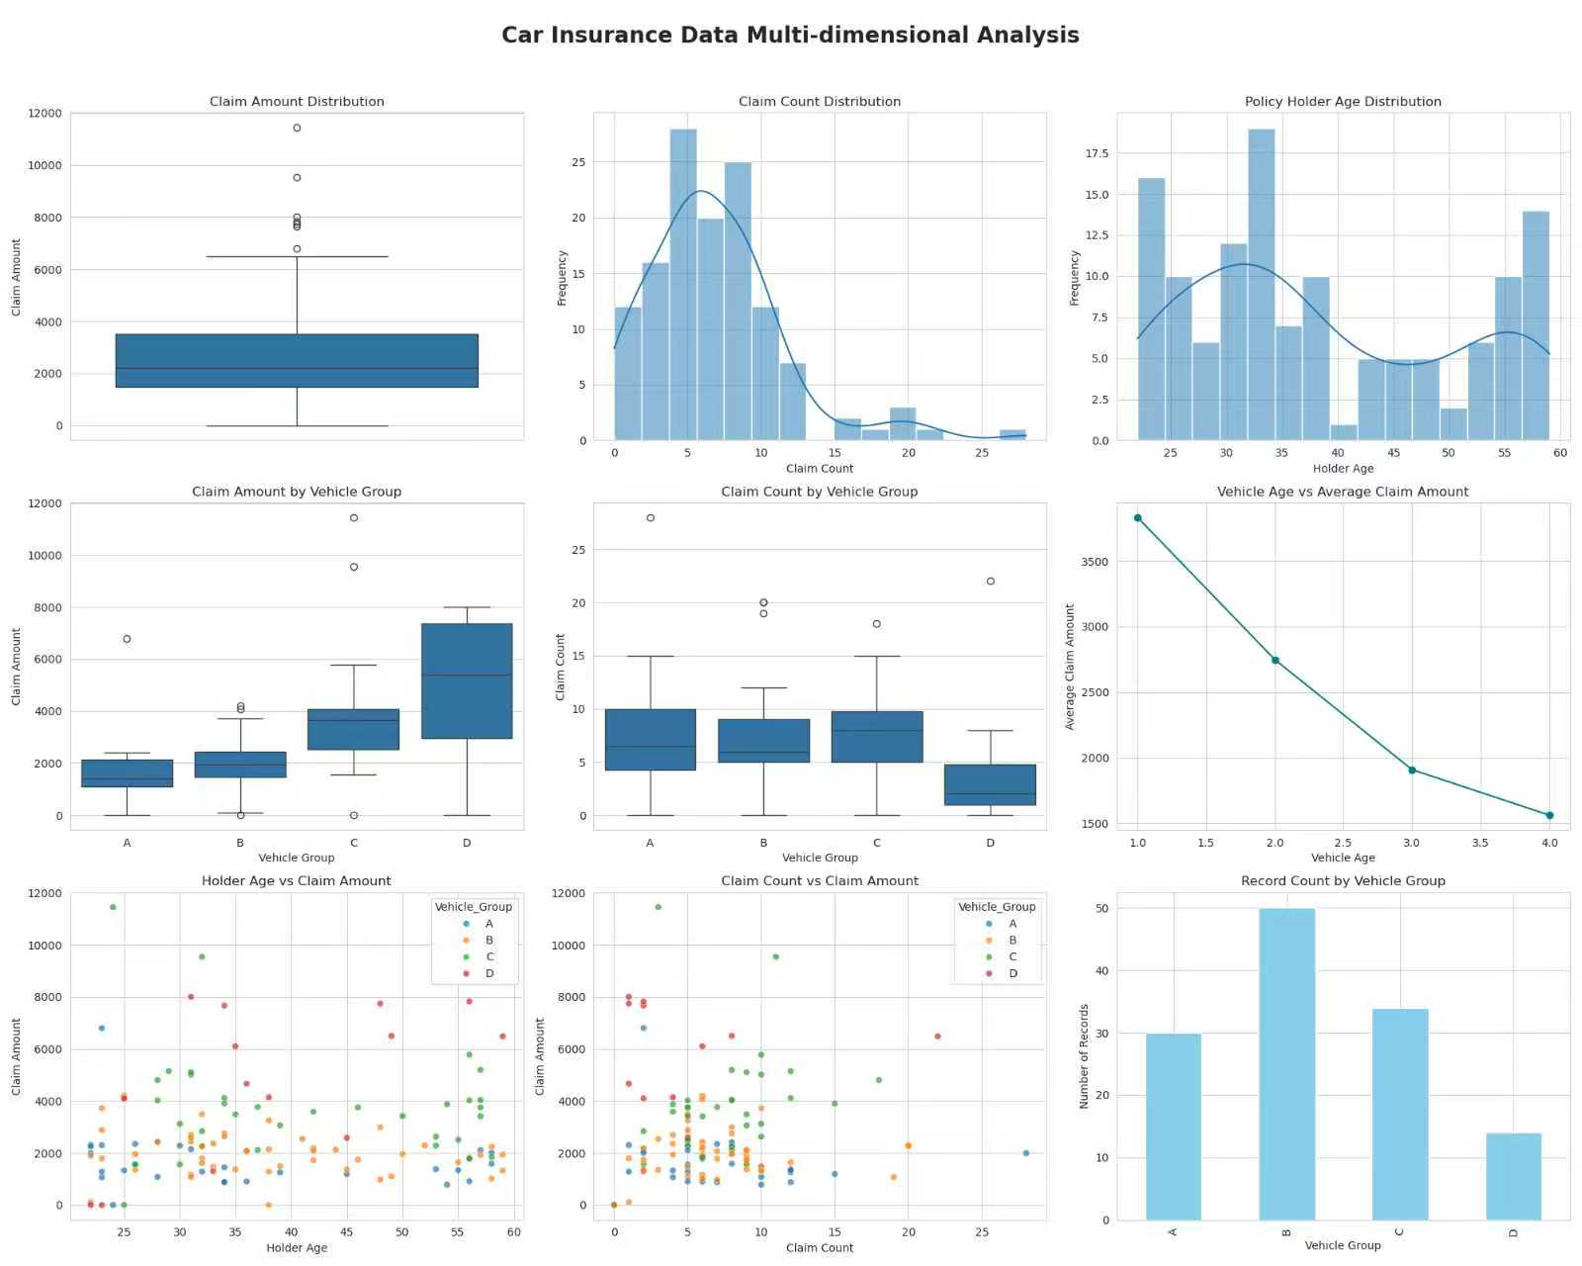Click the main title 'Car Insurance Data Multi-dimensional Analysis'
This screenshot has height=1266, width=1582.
[790, 36]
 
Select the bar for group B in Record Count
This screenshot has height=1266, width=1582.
[1286, 1063]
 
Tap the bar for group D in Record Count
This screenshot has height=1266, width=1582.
[1513, 1176]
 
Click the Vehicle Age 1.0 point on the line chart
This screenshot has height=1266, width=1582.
[1138, 518]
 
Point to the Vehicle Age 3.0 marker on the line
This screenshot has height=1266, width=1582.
[1412, 770]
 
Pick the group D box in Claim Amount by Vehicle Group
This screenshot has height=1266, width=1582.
[467, 681]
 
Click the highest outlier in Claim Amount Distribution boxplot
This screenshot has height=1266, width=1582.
[297, 128]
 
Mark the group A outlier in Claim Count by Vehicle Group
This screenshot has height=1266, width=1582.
[650, 518]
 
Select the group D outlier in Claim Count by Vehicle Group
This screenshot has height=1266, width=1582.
[991, 582]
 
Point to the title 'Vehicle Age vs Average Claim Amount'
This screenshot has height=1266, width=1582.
[1343, 492]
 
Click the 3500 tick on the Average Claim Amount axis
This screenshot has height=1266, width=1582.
[1095, 562]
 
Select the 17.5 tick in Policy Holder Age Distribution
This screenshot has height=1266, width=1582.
[1097, 153]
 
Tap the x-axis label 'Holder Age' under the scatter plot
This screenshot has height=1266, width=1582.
[297, 1248]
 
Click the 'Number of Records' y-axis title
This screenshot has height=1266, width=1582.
[1084, 1056]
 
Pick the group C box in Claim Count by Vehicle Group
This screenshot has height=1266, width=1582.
[877, 737]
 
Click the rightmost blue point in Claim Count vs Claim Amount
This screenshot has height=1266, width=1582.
[1025, 1153]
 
